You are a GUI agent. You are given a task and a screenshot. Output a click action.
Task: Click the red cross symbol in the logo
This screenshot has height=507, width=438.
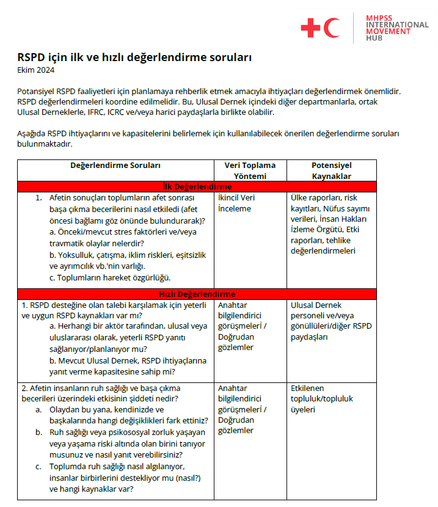(310, 27)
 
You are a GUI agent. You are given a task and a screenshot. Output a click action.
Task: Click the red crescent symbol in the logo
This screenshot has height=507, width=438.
(333, 27)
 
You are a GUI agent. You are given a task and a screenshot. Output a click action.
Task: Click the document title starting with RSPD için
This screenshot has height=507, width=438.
(134, 57)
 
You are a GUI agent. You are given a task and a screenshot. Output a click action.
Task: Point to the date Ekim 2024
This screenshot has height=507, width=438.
(36, 70)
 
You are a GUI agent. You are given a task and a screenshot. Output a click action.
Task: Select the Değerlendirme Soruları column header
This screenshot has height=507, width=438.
(115, 166)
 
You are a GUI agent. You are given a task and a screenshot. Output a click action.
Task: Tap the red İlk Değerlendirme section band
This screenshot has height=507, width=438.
(196, 186)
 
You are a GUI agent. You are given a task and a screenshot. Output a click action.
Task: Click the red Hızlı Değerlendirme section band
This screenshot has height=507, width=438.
(196, 294)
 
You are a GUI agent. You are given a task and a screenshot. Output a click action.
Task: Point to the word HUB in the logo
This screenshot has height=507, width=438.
(374, 38)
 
